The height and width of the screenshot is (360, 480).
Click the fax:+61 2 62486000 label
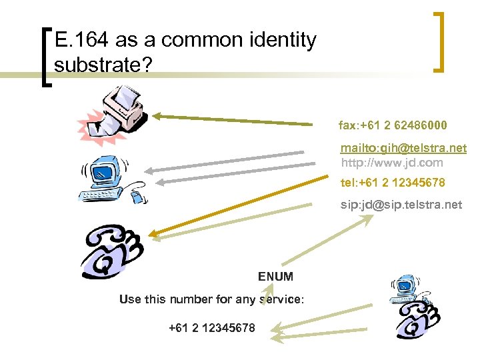(393, 125)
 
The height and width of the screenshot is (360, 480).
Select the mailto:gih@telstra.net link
(403, 148)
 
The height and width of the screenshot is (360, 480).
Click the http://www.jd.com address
(391, 162)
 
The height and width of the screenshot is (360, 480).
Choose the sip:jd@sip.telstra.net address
(401, 205)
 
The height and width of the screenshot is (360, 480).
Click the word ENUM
(275, 277)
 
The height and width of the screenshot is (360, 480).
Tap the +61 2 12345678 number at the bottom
(211, 328)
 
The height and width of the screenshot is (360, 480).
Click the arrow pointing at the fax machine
(233, 119)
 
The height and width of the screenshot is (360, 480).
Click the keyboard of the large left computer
(99, 194)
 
